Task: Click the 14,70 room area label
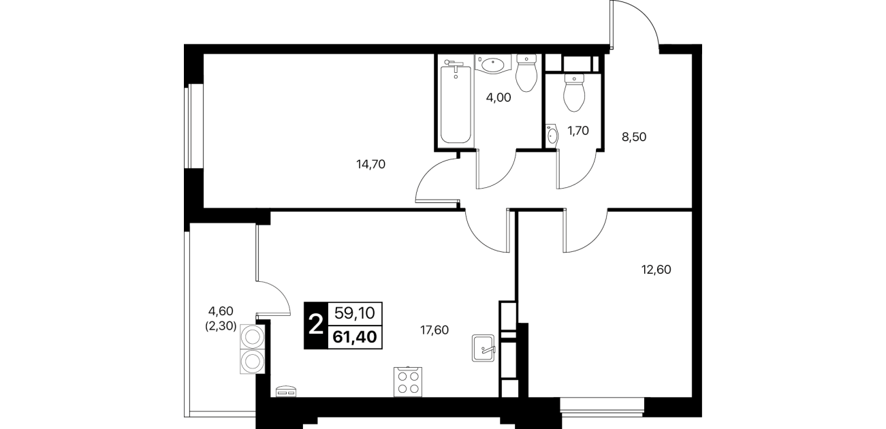(x=370, y=164)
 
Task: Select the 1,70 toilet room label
(x=578, y=131)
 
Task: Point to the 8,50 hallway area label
(x=634, y=137)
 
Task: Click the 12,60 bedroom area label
(x=656, y=270)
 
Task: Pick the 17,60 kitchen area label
(x=434, y=330)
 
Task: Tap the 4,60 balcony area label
(x=221, y=311)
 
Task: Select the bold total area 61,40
(x=355, y=337)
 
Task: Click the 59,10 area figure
(x=355, y=313)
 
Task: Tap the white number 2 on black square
(x=316, y=325)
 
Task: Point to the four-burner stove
(x=408, y=381)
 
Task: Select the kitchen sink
(x=484, y=348)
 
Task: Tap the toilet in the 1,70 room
(x=574, y=93)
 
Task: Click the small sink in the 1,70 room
(x=552, y=136)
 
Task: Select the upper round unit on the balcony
(x=252, y=337)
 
